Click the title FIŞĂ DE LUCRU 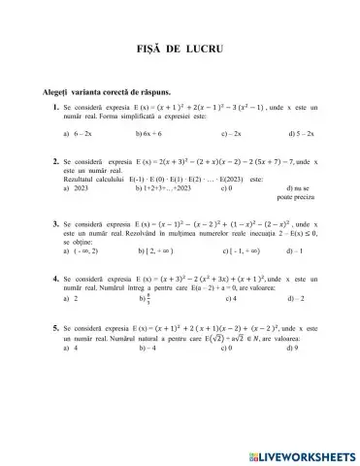[180, 46]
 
